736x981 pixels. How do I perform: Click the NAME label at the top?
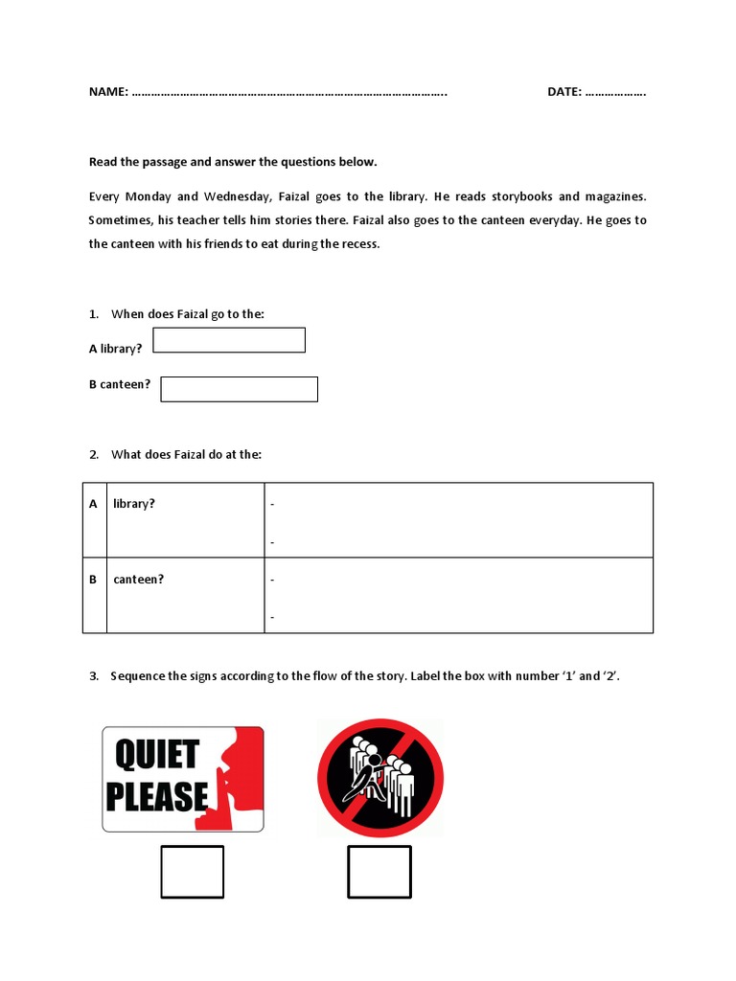coord(108,92)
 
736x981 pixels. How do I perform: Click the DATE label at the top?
coord(564,92)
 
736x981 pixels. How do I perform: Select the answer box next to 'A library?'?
coord(229,340)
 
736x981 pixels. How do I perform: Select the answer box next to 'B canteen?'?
coord(239,389)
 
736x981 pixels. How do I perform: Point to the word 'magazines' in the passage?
coord(616,196)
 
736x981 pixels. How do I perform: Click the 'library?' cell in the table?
coord(134,504)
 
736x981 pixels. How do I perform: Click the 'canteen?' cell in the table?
coord(139,580)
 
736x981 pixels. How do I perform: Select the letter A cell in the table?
coord(93,504)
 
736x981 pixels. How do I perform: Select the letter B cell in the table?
coord(93,580)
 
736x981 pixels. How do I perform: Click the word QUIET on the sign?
coord(157,754)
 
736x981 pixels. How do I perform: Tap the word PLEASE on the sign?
coord(157,797)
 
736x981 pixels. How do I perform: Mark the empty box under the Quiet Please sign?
coord(192,872)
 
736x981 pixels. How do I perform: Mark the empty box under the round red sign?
coord(379,872)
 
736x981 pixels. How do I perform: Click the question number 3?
coord(94,676)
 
